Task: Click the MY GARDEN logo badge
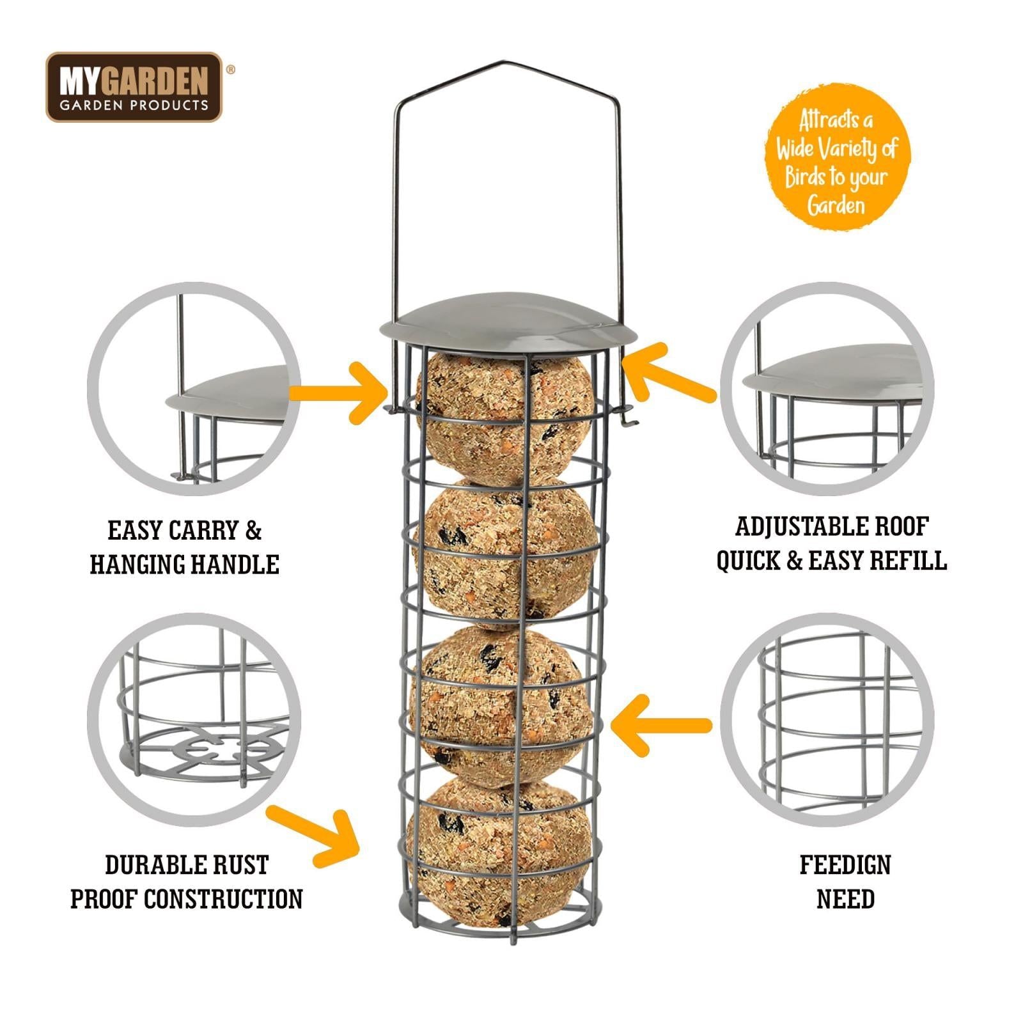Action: tap(134, 87)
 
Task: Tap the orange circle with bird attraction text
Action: tap(836, 157)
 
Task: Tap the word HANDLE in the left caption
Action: tap(236, 565)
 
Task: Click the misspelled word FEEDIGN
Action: tap(845, 865)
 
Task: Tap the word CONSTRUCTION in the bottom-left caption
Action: tap(223, 899)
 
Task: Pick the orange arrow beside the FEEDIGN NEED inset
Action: tap(659, 725)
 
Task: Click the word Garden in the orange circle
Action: tap(836, 206)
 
